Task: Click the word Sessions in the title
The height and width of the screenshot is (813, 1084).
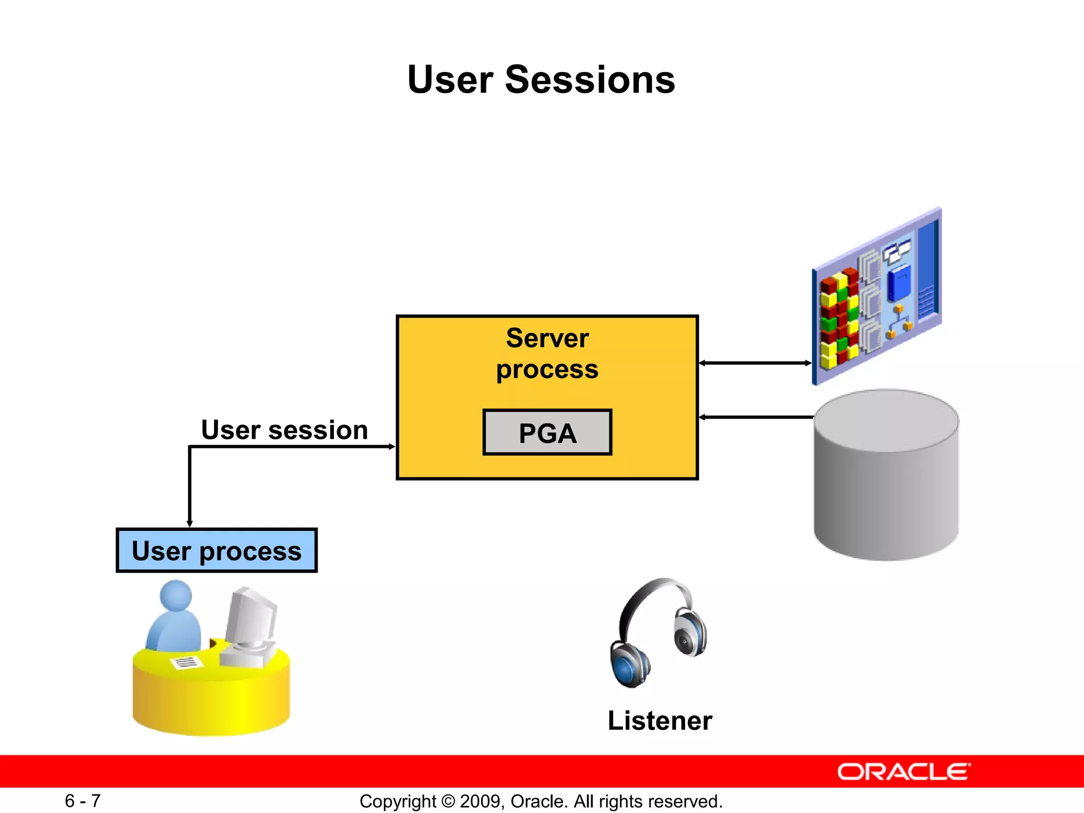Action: tap(590, 80)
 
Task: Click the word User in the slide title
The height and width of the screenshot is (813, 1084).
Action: tap(450, 80)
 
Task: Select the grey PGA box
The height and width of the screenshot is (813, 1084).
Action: tap(547, 432)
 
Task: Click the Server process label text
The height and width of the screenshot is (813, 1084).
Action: tap(547, 354)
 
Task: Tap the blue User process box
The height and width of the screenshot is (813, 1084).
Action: tap(216, 550)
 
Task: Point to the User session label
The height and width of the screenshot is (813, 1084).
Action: tap(284, 429)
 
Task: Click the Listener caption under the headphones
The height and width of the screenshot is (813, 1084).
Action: tap(660, 720)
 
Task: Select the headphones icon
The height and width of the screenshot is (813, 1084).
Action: tap(658, 633)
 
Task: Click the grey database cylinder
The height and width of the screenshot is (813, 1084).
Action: tap(886, 476)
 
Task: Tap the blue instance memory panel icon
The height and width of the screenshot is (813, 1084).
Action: tap(877, 296)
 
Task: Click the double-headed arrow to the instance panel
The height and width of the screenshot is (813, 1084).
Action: tap(755, 363)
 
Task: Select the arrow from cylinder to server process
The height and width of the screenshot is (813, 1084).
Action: tap(755, 417)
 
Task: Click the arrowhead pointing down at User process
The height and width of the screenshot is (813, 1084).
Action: tap(189, 523)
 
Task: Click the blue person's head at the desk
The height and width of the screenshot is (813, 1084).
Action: tap(176, 595)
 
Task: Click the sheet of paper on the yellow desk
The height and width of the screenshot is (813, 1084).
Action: tap(186, 662)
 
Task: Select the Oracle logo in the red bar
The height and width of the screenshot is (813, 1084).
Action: tap(904, 772)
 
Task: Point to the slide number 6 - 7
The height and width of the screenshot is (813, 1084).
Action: tap(83, 801)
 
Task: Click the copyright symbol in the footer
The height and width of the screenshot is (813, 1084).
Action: tap(448, 801)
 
